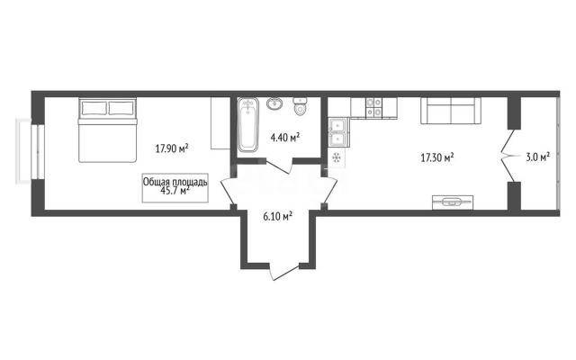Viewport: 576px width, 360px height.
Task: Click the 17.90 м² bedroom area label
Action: [172, 148]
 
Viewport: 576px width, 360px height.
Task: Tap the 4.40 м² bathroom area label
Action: [285, 138]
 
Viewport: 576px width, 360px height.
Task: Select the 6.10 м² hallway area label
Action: [278, 216]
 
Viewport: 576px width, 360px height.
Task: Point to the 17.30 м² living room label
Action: [437, 158]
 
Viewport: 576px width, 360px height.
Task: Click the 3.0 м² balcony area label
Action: [538, 157]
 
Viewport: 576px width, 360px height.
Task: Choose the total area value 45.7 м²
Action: [175, 190]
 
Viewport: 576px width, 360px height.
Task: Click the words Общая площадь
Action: [175, 182]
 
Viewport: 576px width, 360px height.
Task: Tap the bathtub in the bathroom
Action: [248, 125]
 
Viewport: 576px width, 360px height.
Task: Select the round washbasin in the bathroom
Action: [274, 104]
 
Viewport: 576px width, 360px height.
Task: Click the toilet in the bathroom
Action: [301, 106]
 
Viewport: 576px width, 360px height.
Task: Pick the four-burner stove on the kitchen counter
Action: [374, 108]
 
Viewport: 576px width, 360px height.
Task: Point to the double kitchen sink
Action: [337, 132]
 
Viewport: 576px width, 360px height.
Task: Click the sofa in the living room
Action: [451, 111]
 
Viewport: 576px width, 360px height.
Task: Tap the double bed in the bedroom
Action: [107, 130]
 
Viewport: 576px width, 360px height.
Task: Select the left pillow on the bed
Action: [94, 108]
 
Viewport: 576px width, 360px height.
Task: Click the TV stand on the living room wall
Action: [453, 202]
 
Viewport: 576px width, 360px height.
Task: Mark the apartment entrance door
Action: [284, 272]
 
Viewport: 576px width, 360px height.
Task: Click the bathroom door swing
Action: [279, 166]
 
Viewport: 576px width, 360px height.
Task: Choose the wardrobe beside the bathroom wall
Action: [220, 123]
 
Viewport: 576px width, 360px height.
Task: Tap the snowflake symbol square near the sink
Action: [336, 157]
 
